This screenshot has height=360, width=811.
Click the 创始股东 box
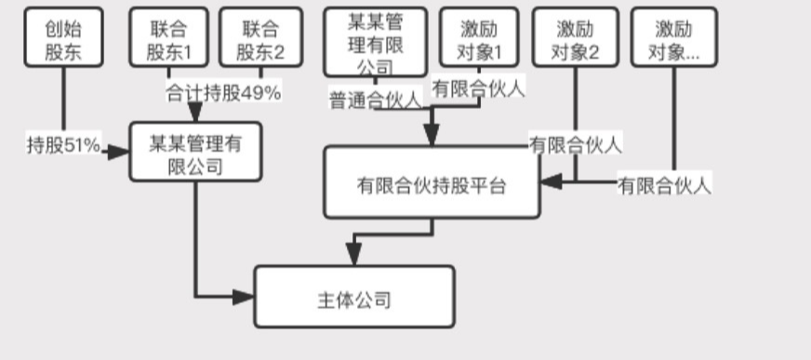pos(63,39)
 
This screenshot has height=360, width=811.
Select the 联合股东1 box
pos(169,39)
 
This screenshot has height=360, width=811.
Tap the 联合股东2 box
pos(259,39)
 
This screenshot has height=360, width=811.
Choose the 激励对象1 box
pos(479,39)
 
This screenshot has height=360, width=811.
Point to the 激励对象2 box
pos(575,39)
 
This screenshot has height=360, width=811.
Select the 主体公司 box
pos(354,299)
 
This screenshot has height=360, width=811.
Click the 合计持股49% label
pos(223,93)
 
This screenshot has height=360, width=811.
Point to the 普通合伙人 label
pos(375,100)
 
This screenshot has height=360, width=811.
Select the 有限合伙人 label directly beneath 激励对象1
pos(479,89)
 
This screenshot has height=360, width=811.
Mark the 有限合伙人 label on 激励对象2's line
pos(575,144)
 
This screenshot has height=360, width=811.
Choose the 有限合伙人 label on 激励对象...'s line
pos(664,185)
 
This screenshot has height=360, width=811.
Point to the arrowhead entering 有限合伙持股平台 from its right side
pos(550,181)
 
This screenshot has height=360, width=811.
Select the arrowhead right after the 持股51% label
pos(117,150)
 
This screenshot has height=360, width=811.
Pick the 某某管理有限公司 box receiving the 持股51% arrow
pos(195,153)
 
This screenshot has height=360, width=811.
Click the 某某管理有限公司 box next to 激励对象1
pos(375,41)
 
